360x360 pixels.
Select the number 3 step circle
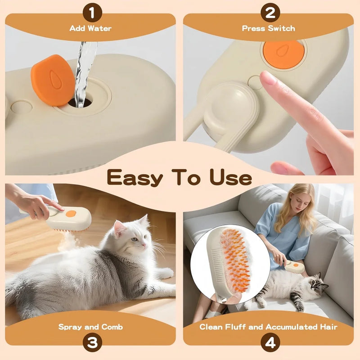point(92,343)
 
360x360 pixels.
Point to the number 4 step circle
point(270,343)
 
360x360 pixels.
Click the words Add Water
point(90,28)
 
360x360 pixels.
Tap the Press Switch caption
point(269,28)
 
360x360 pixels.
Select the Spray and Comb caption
point(90,327)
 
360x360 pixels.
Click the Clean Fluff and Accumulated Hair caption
point(268,327)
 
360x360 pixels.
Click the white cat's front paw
point(165,273)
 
